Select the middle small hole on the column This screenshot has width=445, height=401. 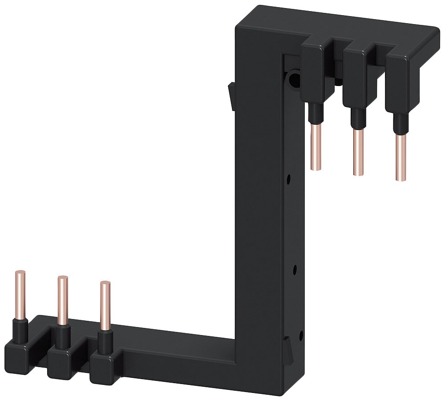tap(294, 269)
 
